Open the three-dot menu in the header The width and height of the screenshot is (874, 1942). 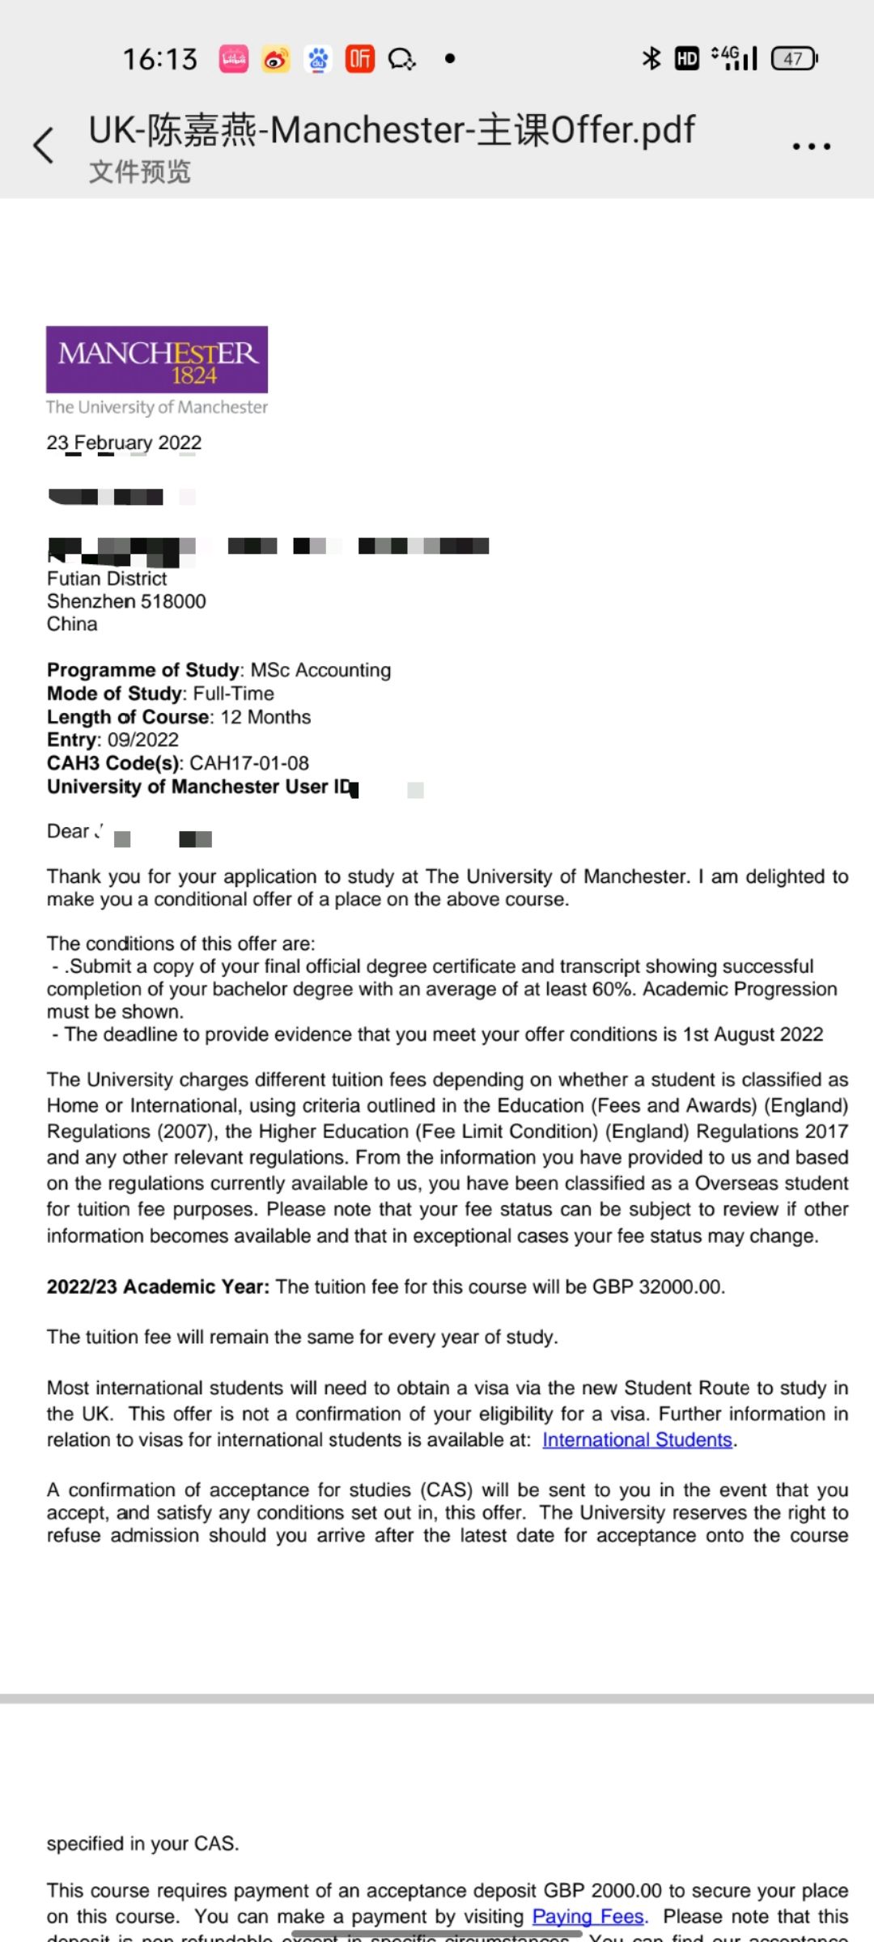[811, 146]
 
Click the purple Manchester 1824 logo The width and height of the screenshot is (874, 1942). [157, 359]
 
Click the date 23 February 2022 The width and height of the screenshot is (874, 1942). [124, 443]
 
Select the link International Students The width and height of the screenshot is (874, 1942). [637, 1440]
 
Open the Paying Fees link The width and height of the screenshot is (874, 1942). [588, 1916]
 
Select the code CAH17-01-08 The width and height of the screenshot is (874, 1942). [249, 763]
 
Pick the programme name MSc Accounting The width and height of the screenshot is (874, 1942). [320, 670]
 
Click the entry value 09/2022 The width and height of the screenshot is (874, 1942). [143, 740]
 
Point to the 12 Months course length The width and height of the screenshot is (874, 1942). [265, 717]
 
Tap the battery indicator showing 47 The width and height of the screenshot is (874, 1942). [794, 58]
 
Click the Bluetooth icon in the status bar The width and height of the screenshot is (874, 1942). [651, 58]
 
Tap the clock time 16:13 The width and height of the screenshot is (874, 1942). [160, 59]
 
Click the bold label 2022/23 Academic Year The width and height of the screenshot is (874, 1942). [158, 1287]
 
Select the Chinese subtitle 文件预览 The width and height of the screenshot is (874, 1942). [140, 172]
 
